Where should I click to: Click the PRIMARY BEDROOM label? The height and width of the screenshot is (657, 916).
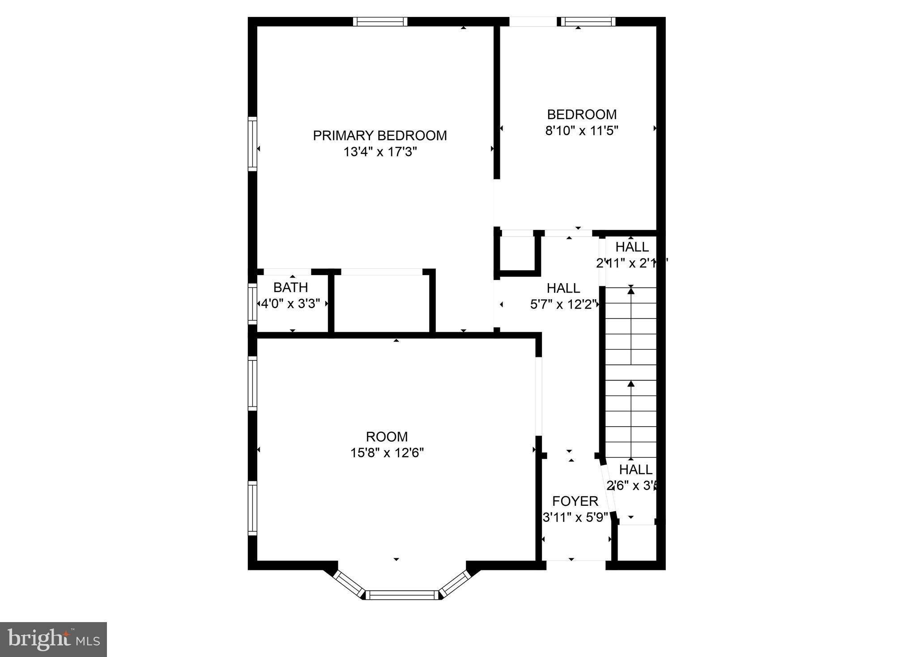point(379,136)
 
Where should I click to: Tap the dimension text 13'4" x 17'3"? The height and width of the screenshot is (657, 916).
point(380,152)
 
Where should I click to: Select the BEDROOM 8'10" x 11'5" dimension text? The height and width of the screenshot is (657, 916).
point(581,131)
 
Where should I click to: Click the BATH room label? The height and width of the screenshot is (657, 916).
point(290,287)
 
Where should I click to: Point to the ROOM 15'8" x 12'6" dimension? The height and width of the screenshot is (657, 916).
point(387,453)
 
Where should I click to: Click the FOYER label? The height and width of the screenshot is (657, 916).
point(575,501)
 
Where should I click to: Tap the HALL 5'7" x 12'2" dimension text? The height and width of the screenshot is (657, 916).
point(563,305)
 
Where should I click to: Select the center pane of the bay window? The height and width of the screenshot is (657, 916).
point(402,595)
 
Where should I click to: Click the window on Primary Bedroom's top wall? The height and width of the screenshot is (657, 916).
point(380,21)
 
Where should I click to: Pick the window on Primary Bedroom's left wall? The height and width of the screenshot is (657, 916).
point(253,144)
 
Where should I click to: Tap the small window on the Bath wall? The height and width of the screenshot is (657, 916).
point(253,304)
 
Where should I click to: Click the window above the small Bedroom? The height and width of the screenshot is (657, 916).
point(588,21)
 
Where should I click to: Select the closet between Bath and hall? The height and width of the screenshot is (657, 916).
point(382,302)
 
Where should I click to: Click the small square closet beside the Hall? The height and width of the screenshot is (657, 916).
point(517,253)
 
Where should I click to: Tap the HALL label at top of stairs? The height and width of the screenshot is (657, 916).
point(631,247)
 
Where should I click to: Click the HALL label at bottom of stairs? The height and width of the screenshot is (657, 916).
point(635,470)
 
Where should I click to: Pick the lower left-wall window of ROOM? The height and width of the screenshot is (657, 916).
point(253,508)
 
